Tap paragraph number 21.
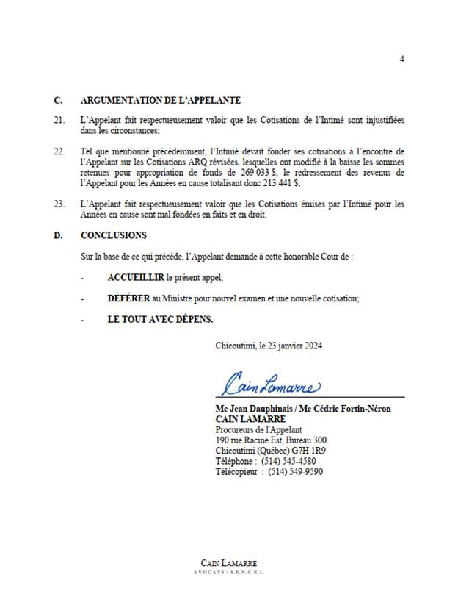click(x=59, y=119)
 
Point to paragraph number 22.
click(x=59, y=151)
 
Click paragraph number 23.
click(x=59, y=203)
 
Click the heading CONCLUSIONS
click(x=113, y=235)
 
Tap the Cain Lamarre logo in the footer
click(x=228, y=566)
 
